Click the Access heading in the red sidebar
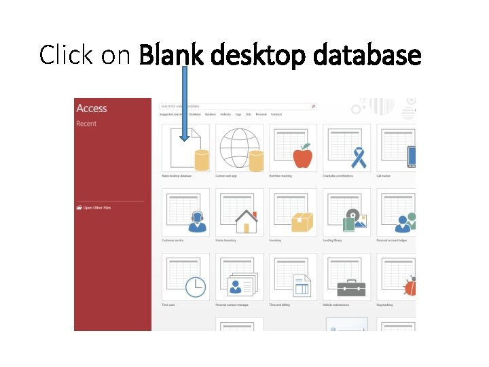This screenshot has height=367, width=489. click(x=92, y=109)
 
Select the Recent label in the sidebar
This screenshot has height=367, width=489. click(x=86, y=124)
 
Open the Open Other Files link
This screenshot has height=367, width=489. click(x=96, y=207)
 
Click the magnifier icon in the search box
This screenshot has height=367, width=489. click(x=313, y=107)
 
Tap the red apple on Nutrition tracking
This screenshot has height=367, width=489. click(x=302, y=157)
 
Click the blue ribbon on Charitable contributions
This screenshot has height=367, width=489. click(x=358, y=157)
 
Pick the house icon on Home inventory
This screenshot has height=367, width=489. click(x=246, y=222)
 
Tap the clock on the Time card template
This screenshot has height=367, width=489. click(x=196, y=286)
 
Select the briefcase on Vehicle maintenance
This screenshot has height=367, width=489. click(x=351, y=287)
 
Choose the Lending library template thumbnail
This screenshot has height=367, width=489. click(x=347, y=211)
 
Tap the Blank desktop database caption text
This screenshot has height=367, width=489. click(x=177, y=175)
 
